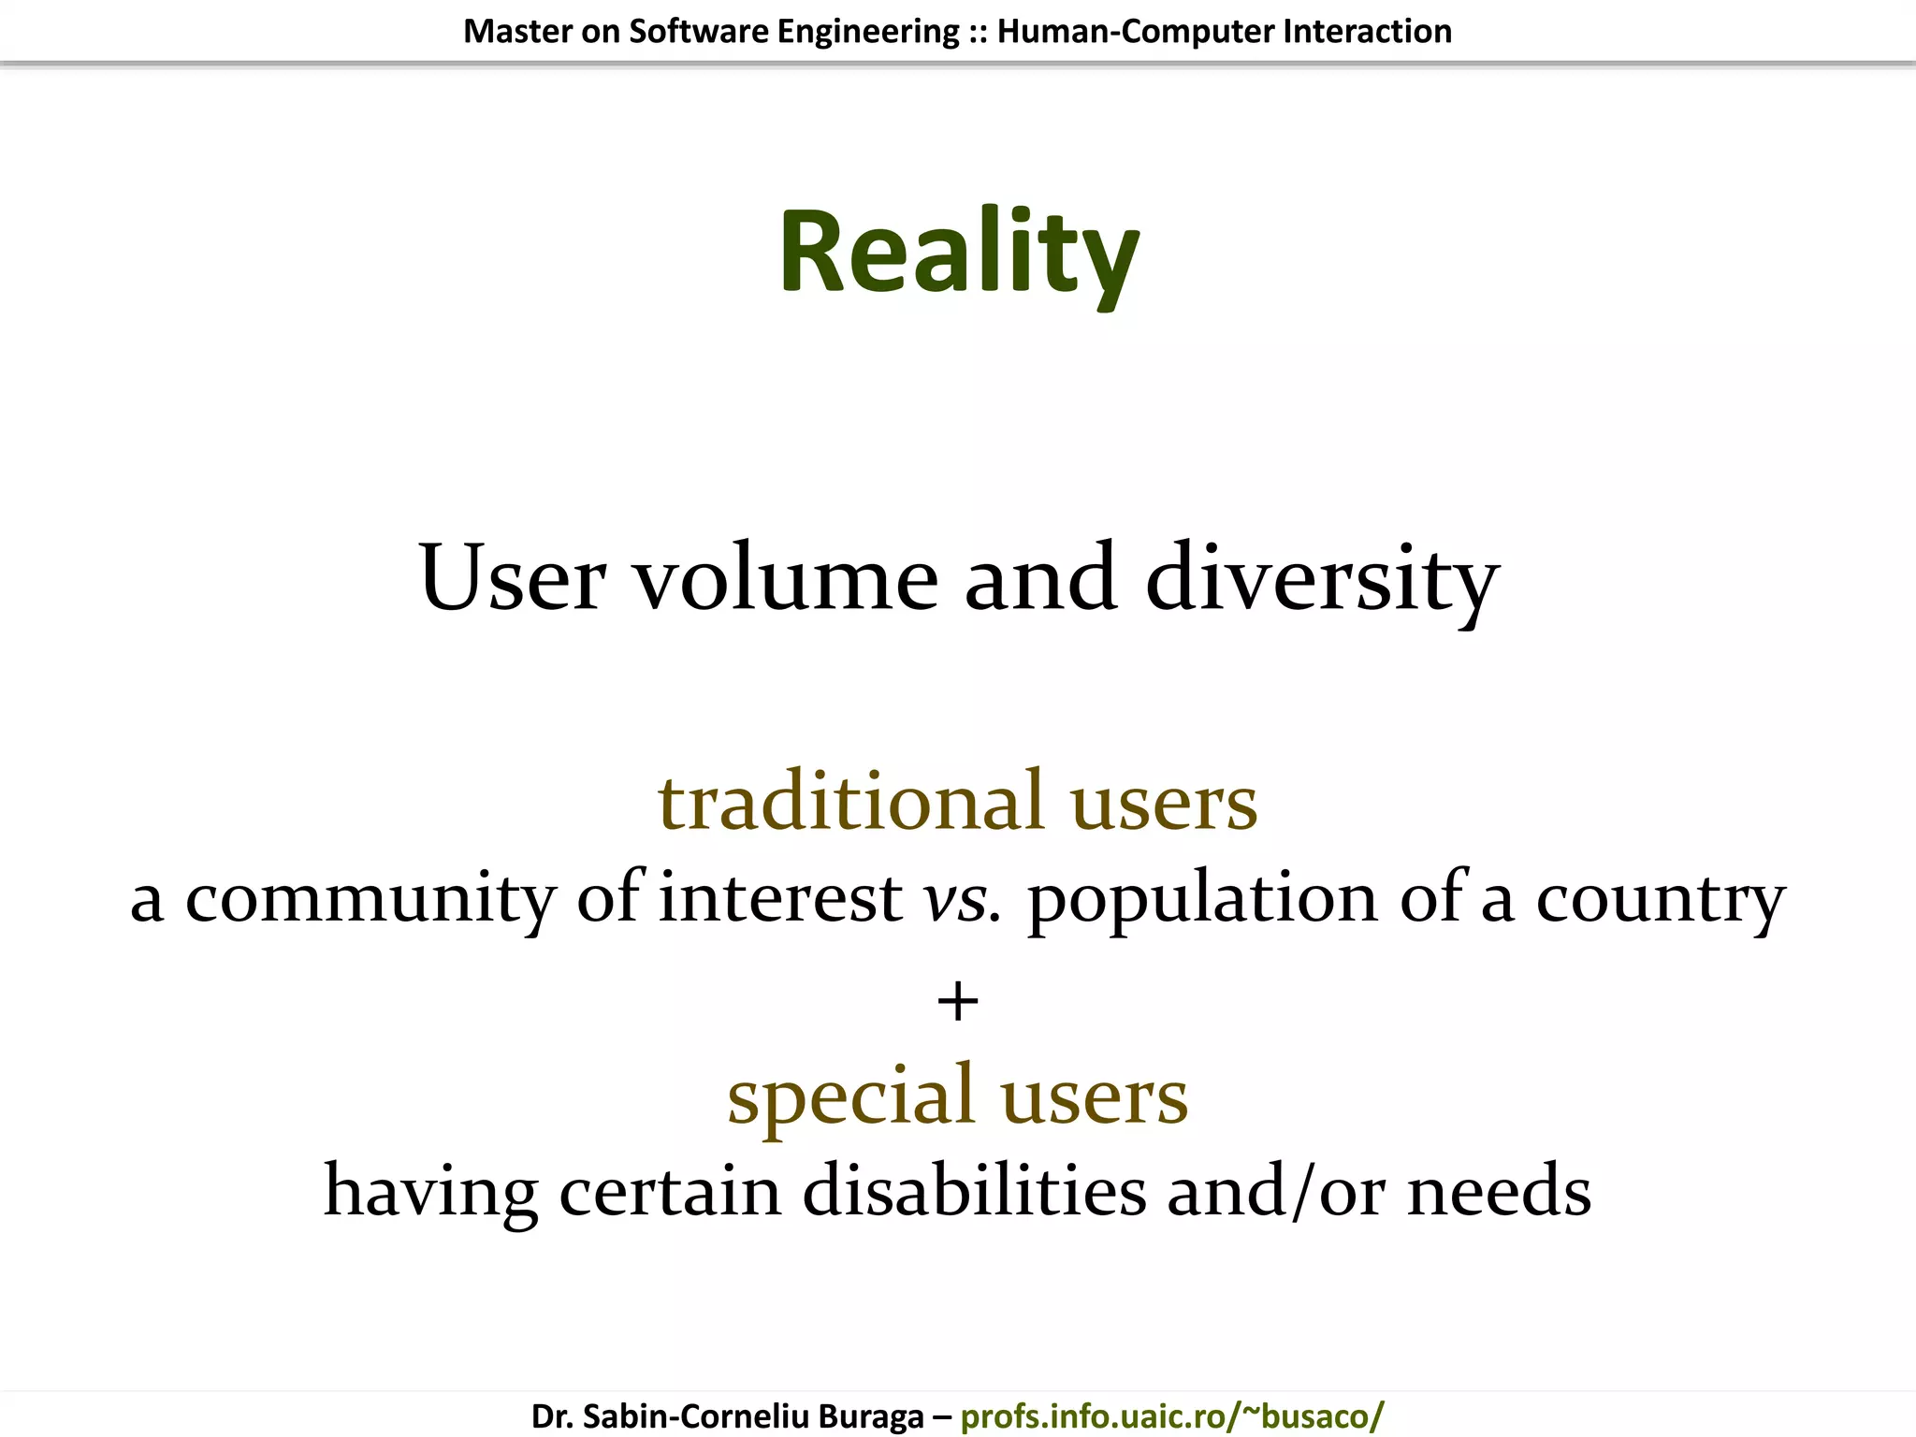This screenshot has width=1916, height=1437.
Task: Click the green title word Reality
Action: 958,253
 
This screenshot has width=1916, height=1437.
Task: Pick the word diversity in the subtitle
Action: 1322,580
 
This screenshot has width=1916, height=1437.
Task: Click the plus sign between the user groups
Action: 958,1002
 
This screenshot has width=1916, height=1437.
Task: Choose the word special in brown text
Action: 850,1096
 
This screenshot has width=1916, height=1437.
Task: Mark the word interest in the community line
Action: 780,898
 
